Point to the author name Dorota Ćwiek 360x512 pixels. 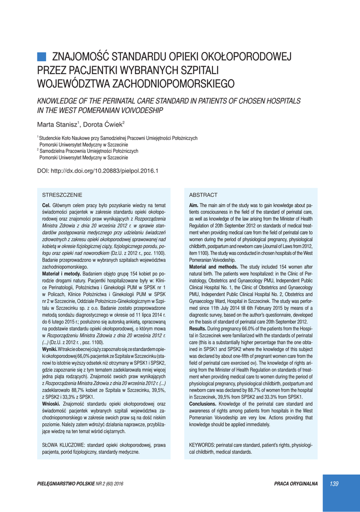(103, 124)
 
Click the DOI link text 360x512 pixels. (98, 171)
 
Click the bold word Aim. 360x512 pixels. (193, 205)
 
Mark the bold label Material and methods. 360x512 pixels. (213, 266)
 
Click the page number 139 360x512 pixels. (334, 483)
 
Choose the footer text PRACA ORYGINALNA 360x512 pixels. (296, 484)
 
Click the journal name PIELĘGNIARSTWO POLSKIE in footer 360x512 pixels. (69, 484)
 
